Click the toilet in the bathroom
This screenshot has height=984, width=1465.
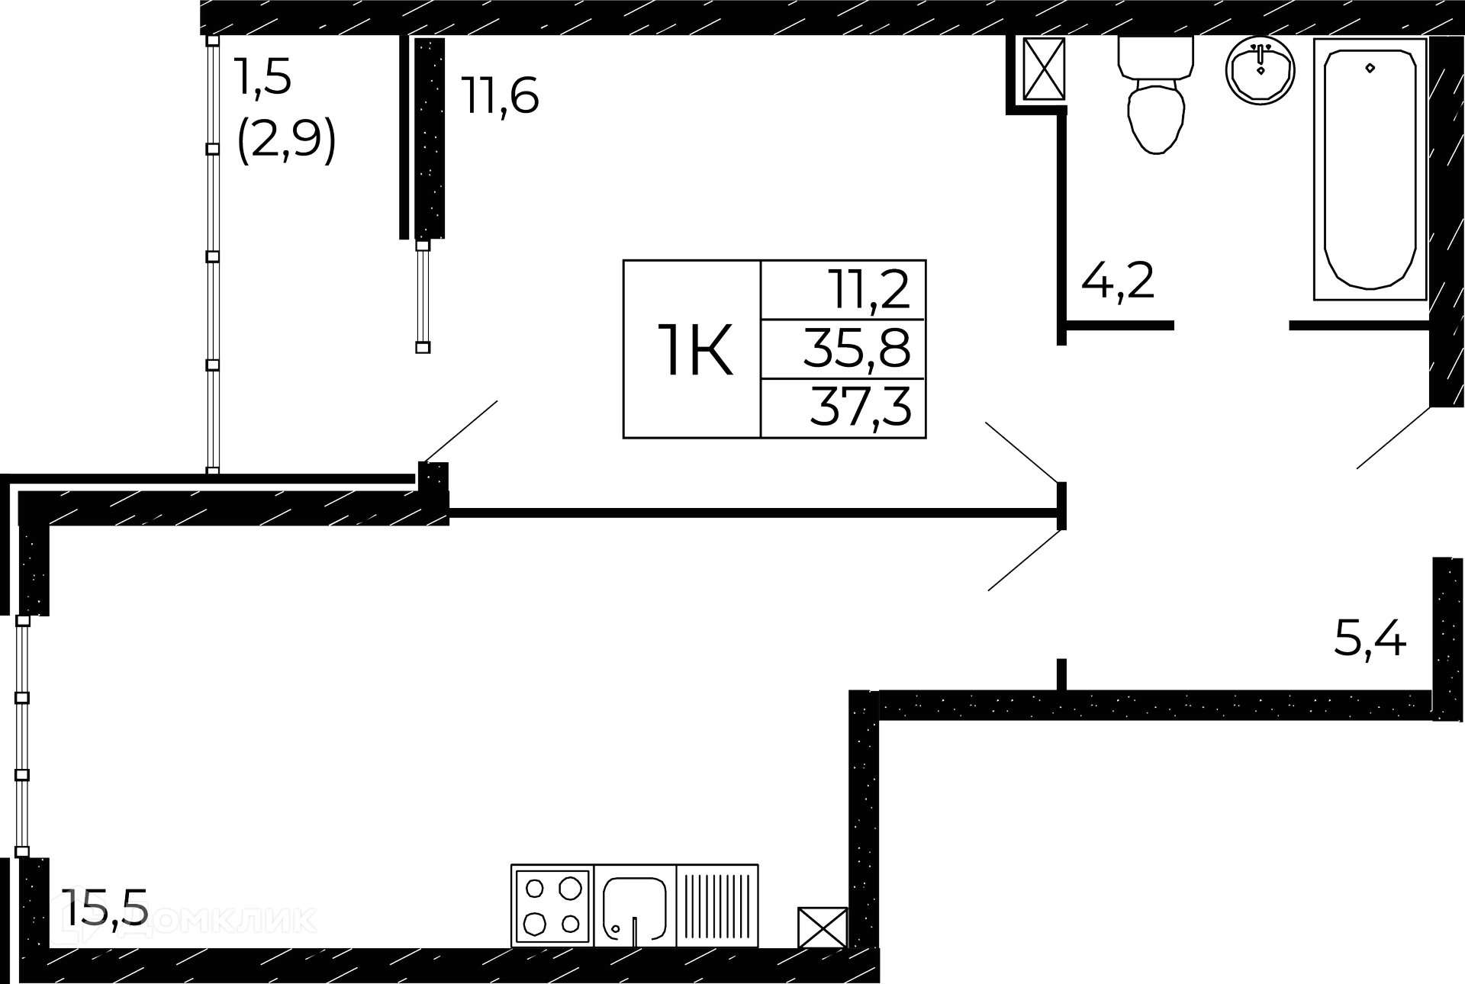coord(1155,94)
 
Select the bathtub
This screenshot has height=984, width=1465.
coord(1370,169)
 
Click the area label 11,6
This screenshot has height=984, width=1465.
coord(500,97)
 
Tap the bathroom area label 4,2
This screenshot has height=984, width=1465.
coord(1118,281)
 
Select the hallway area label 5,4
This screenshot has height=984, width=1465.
coord(1370,638)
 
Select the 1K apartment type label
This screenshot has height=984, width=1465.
coord(694,350)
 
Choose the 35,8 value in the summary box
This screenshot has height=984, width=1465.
coord(857,349)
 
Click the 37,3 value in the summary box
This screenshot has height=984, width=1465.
coord(861,407)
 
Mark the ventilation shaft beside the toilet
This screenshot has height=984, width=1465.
coord(1043,69)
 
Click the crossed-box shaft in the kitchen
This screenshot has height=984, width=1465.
coord(823,927)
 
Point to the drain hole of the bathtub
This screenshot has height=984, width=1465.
coord(1370,68)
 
